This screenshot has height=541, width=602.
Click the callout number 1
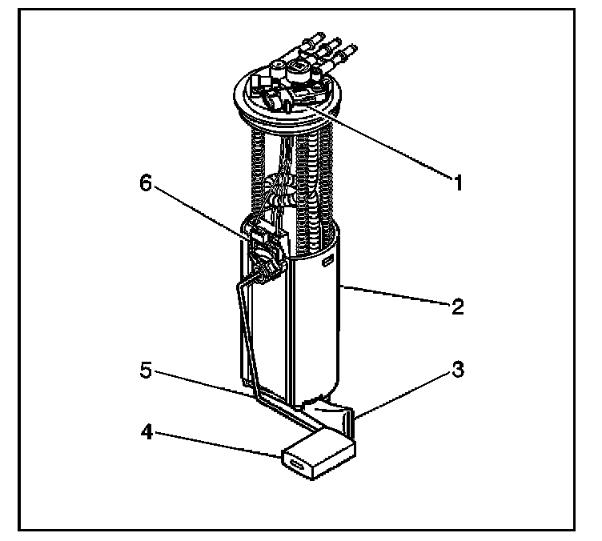tap(458, 183)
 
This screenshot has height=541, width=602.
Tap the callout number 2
tap(457, 307)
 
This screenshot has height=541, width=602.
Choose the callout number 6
tap(145, 183)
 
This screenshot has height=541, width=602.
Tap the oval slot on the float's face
tap(299, 465)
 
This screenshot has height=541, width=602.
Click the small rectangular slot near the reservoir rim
tap(327, 261)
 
